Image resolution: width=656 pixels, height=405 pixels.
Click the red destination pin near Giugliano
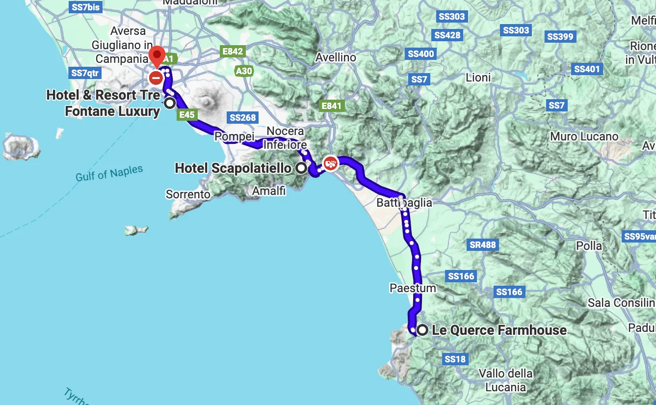coord(157,55)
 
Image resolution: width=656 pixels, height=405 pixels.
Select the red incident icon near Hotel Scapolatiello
coord(330,163)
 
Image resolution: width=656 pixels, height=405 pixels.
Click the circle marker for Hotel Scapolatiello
coord(301,168)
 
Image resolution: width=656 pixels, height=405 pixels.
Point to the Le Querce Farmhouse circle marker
coord(421,330)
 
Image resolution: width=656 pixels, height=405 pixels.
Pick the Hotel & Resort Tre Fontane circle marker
coord(170,103)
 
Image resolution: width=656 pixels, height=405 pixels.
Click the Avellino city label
coord(336,57)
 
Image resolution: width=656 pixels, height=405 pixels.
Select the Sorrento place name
coord(188,194)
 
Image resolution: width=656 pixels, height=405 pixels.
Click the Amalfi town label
coord(268,190)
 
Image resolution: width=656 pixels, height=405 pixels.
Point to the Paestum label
coord(413,288)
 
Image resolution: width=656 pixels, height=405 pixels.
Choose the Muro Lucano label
coord(584,136)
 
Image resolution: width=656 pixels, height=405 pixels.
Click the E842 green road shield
coord(233,52)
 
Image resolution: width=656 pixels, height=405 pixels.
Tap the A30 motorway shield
coord(244,71)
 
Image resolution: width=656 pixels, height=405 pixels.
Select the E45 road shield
coord(187,115)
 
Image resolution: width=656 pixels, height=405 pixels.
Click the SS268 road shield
coord(242,117)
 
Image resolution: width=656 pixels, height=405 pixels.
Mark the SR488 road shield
coord(483,244)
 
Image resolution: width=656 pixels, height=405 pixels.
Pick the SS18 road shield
coord(454,359)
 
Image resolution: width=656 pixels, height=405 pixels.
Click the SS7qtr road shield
coord(85,73)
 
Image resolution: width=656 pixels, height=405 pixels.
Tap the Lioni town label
coord(478,78)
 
